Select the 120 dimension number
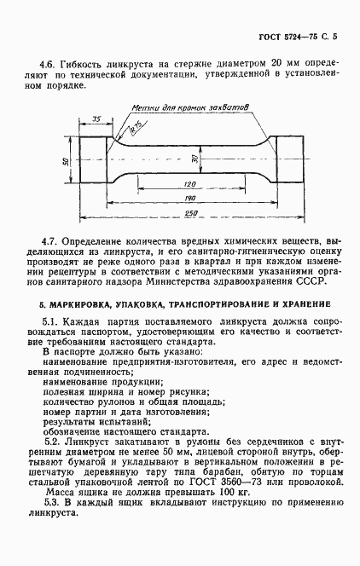(x=189, y=184)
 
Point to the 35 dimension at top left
(x=96, y=118)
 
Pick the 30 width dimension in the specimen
(x=195, y=159)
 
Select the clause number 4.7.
(x=49, y=245)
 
